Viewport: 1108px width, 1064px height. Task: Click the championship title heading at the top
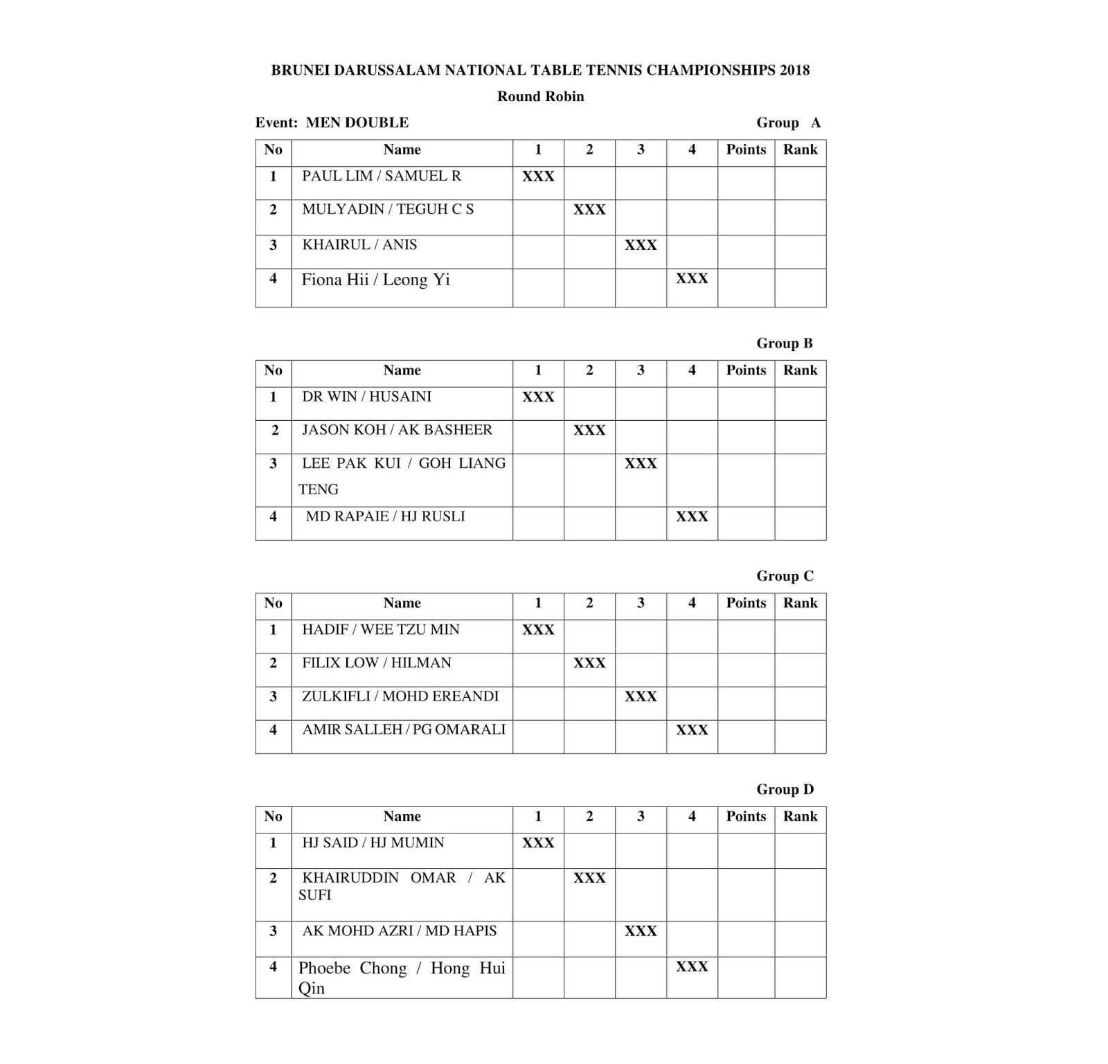point(540,70)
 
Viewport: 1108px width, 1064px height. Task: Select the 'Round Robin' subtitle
point(540,96)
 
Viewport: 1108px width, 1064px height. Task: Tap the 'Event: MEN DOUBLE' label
point(332,123)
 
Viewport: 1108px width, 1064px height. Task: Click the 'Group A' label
point(788,123)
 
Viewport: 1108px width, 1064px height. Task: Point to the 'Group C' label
point(785,576)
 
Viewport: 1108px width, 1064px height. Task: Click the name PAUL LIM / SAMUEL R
point(382,176)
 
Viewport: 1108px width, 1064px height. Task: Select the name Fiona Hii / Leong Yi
point(375,280)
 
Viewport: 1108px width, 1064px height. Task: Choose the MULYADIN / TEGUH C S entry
point(388,209)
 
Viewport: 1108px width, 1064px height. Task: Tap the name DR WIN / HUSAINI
point(366,397)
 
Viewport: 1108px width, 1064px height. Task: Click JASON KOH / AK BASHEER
point(397,430)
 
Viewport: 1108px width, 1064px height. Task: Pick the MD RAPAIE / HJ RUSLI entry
point(385,516)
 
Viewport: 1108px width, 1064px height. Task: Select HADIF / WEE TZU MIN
point(380,629)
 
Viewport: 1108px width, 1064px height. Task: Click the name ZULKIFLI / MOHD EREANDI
point(400,696)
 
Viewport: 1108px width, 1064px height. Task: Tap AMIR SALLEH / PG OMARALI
point(404,730)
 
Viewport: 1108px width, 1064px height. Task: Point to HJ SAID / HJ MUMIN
point(373,842)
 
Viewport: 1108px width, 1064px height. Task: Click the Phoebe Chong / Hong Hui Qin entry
point(402,977)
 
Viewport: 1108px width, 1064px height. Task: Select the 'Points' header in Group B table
point(746,370)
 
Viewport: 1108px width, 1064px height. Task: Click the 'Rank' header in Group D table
point(800,816)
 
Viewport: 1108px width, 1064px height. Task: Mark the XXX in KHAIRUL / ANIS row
point(641,245)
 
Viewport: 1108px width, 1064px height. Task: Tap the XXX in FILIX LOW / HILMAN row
point(589,663)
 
